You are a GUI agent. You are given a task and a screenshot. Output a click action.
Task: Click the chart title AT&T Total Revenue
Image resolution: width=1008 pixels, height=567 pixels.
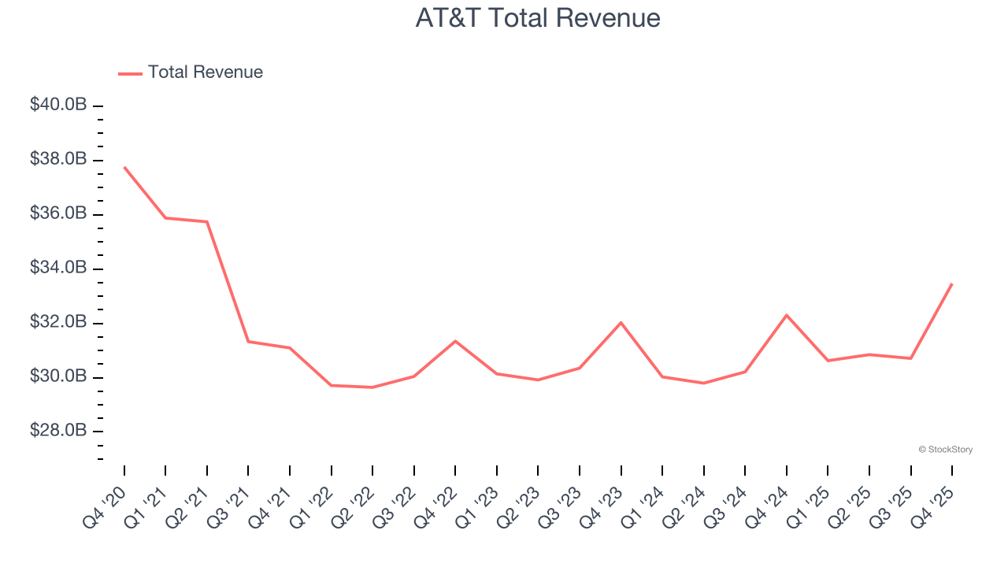tap(538, 18)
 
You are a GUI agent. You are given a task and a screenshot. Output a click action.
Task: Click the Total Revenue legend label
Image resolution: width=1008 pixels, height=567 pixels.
tap(205, 72)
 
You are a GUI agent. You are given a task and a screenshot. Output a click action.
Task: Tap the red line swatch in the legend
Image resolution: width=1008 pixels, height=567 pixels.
tap(130, 73)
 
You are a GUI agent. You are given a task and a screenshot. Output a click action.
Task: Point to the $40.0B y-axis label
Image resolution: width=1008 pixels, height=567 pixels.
tap(58, 106)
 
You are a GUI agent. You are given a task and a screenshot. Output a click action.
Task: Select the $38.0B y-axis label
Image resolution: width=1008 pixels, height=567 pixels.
tap(58, 160)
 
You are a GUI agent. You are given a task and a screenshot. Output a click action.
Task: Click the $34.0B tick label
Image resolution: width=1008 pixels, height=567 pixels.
tap(58, 269)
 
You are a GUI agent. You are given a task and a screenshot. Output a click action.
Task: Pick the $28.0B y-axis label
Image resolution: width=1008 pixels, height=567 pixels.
tap(58, 432)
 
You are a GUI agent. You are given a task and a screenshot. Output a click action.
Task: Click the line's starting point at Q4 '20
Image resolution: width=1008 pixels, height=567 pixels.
tap(124, 167)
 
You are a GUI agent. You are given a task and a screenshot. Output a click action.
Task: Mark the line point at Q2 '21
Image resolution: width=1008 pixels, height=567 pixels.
tap(207, 222)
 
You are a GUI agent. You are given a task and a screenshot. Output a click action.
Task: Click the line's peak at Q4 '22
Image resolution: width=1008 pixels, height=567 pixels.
tap(455, 341)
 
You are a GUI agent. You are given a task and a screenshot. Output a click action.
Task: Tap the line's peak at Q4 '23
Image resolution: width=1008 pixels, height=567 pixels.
tap(621, 322)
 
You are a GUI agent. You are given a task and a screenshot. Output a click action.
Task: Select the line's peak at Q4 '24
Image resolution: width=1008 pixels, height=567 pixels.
tap(787, 315)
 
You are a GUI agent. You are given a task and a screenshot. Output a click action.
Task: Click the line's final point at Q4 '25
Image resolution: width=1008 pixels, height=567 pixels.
tap(952, 283)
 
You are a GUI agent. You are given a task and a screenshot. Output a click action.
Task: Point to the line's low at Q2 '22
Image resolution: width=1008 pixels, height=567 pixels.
tap(372, 387)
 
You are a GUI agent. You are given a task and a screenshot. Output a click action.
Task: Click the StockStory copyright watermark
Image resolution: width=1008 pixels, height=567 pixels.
tap(945, 450)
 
